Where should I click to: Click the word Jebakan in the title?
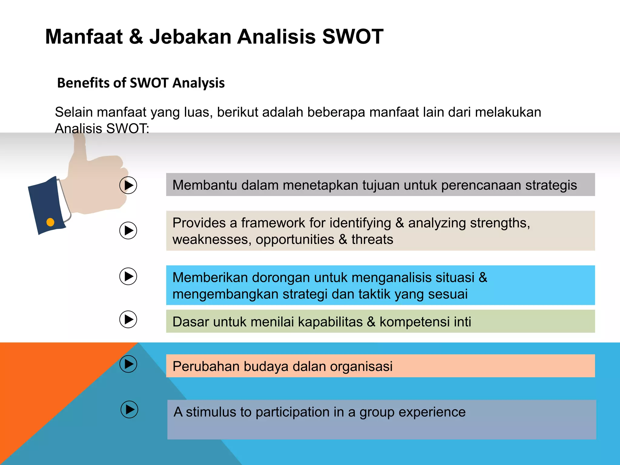[191, 37]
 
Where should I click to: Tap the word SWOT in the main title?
[353, 37]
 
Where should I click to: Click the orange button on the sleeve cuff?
[50, 223]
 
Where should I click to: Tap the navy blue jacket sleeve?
[45, 206]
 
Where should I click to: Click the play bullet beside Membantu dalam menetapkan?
[128, 185]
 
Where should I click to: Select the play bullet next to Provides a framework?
[128, 231]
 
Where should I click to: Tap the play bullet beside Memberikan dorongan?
[128, 276]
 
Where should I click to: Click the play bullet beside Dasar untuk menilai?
[128, 319]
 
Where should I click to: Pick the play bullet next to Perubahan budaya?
[128, 364]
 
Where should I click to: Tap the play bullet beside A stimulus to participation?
[129, 410]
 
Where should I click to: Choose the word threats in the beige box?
[372, 240]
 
